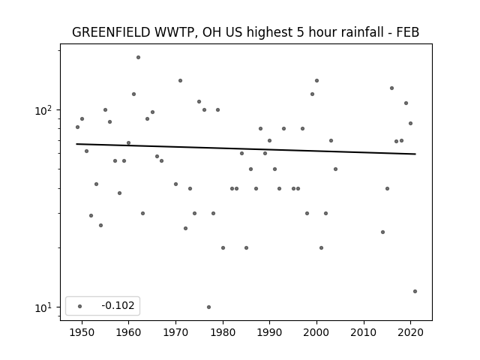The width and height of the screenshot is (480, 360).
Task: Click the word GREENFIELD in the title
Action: (x=111, y=32)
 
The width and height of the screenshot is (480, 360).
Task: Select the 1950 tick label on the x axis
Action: (x=82, y=332)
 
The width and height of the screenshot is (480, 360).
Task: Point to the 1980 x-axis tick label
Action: (x=223, y=332)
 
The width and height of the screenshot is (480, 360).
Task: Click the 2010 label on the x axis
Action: (x=364, y=332)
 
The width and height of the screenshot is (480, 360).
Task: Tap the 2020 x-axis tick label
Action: (x=411, y=332)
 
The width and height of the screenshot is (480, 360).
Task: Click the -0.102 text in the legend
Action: (x=118, y=305)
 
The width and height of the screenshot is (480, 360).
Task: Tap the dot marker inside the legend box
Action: (x=80, y=306)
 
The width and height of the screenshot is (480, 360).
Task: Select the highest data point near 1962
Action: (x=138, y=57)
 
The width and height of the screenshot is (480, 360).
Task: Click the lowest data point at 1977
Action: (x=208, y=307)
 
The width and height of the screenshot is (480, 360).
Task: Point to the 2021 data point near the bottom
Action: (x=415, y=292)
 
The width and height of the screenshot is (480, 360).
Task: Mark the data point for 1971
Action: (x=180, y=80)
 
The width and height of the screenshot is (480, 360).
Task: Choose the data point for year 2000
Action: (x=316, y=80)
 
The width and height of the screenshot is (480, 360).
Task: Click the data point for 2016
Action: (x=391, y=88)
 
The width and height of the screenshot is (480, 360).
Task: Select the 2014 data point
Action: (x=382, y=232)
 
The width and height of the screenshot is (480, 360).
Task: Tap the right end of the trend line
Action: (x=415, y=154)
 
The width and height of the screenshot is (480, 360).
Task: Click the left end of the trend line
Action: (x=76, y=144)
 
